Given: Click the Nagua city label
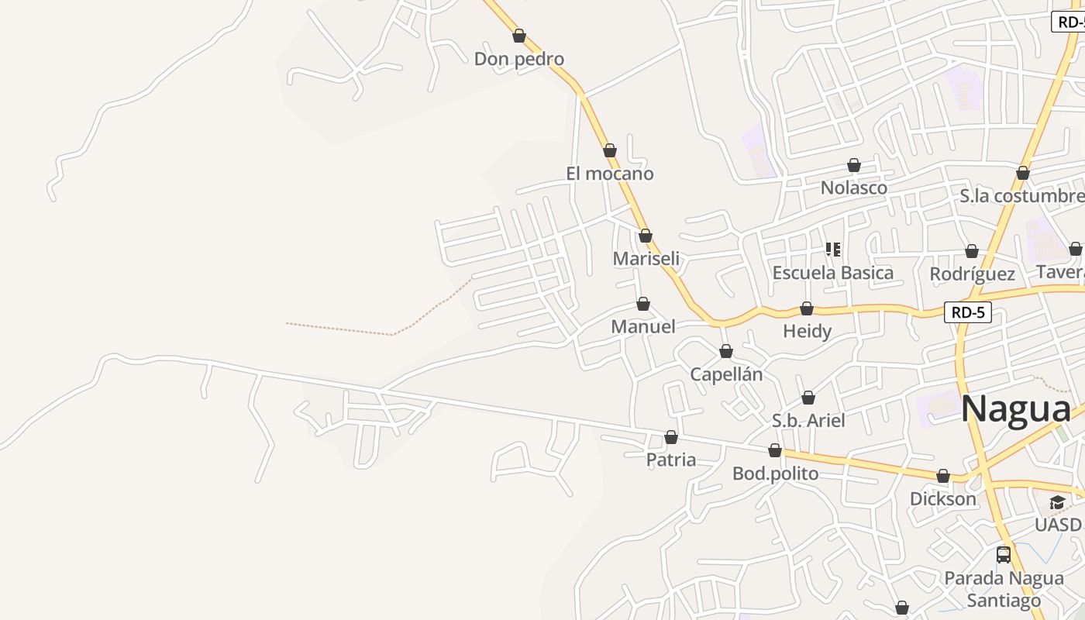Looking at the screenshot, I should pos(1016,408).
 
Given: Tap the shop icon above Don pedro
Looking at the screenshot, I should pos(519,36).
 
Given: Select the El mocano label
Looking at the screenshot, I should pos(609,174).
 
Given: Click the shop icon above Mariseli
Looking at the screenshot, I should pos(646,236).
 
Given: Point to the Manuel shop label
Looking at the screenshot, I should pos(643,327).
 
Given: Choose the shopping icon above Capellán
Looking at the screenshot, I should pos(726,352).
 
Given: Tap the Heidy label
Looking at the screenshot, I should pos(807,332).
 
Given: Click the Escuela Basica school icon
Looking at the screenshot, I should pos(833,250).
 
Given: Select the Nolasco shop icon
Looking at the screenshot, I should pos(854,165).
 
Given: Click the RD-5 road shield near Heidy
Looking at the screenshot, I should pos(968,313).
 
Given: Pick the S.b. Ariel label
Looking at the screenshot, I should pos(808,421).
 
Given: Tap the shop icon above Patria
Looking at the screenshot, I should pos(671,437).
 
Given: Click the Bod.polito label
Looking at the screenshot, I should pos(775,474).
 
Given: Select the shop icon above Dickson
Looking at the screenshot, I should pos(943,476).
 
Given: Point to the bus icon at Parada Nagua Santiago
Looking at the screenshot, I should pos(1004,555).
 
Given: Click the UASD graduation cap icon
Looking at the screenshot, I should pos(1057,504).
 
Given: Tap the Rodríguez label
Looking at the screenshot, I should pos(972,274).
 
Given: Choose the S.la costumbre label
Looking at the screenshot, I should pos(1021,196).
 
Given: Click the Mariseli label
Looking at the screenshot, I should pos(646,259).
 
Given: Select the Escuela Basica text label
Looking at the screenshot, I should pos(832,273).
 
